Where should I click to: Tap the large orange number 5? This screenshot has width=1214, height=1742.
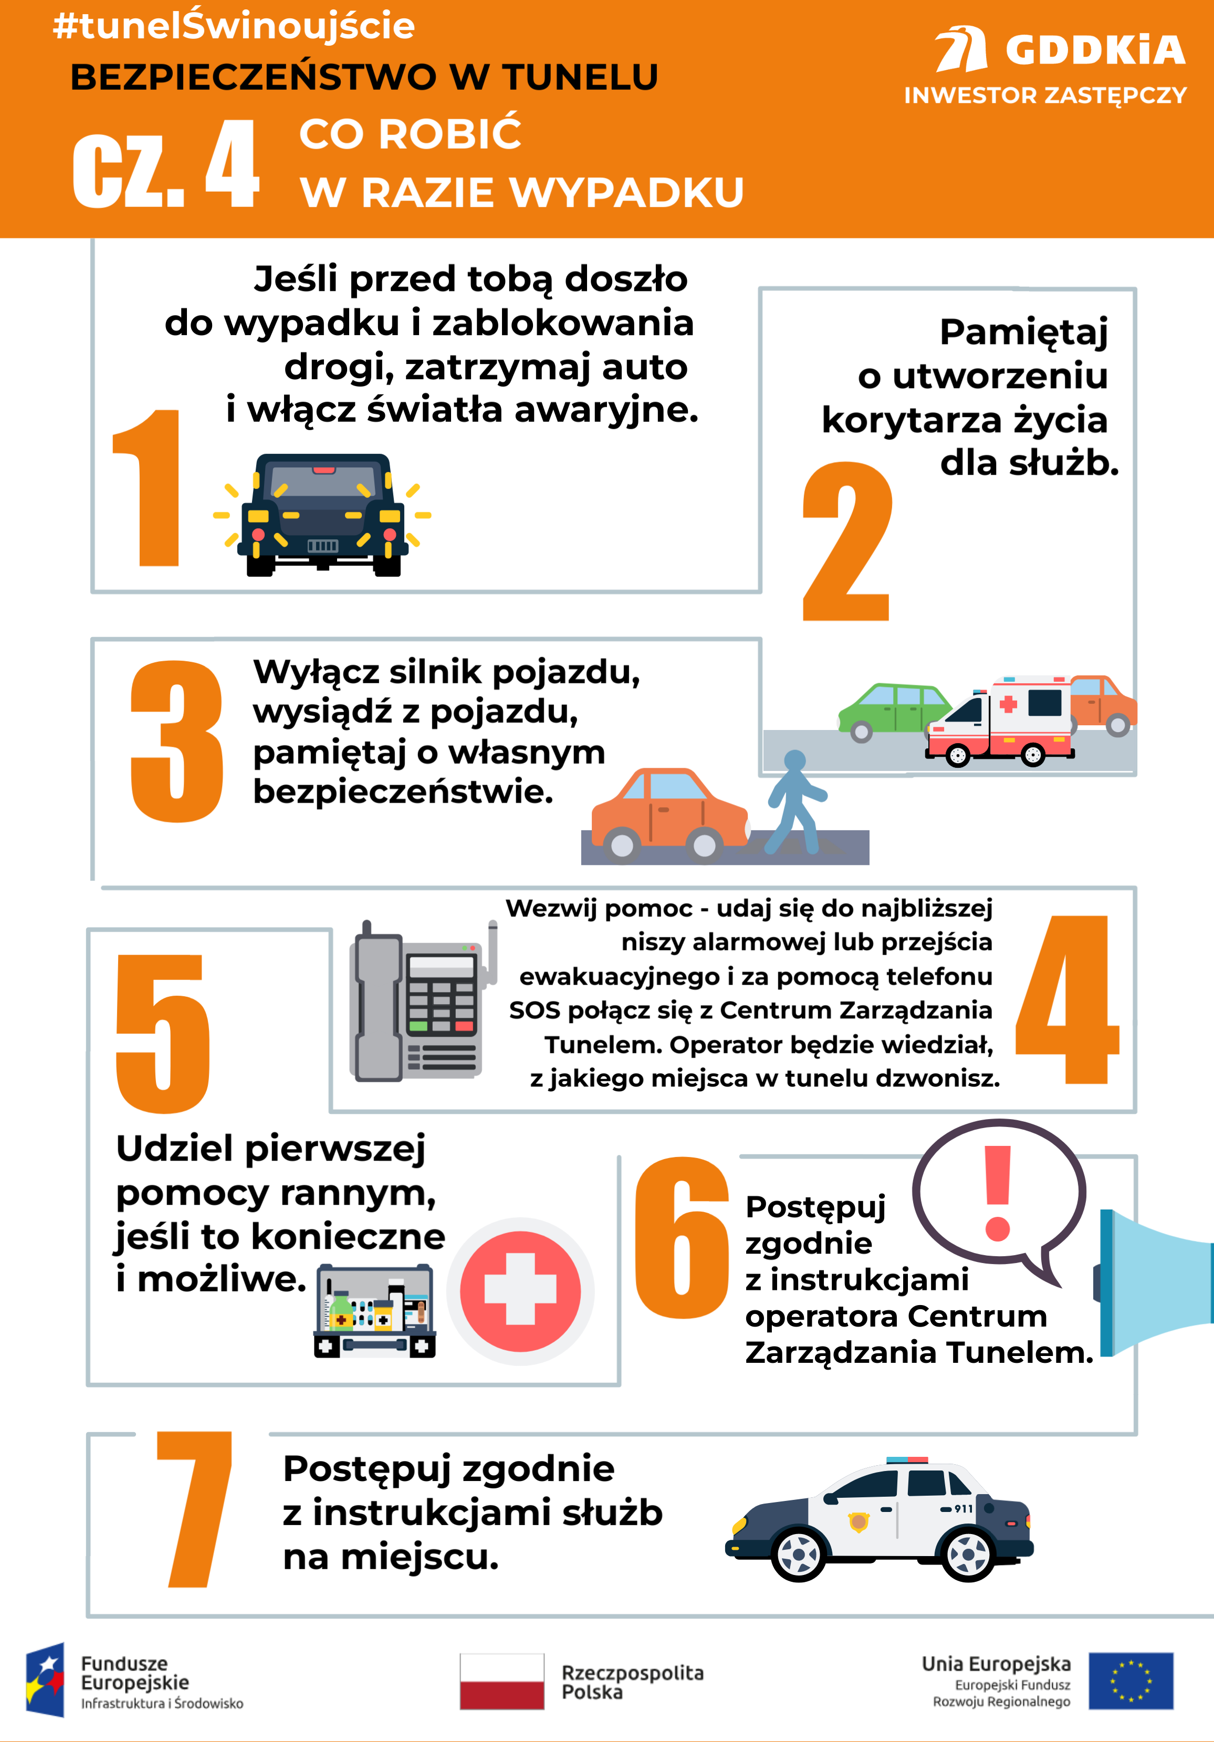pyautogui.click(x=162, y=1034)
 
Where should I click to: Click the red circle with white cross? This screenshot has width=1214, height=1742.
pyautogui.click(x=520, y=1291)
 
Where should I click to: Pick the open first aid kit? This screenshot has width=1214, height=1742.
pyautogui.click(x=375, y=1310)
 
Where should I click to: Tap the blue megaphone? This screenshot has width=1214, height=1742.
pyautogui.click(x=1153, y=1282)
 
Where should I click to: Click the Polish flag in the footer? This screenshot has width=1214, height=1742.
pyautogui.click(x=501, y=1681)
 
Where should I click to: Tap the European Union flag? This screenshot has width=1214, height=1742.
pyautogui.click(x=1131, y=1681)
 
